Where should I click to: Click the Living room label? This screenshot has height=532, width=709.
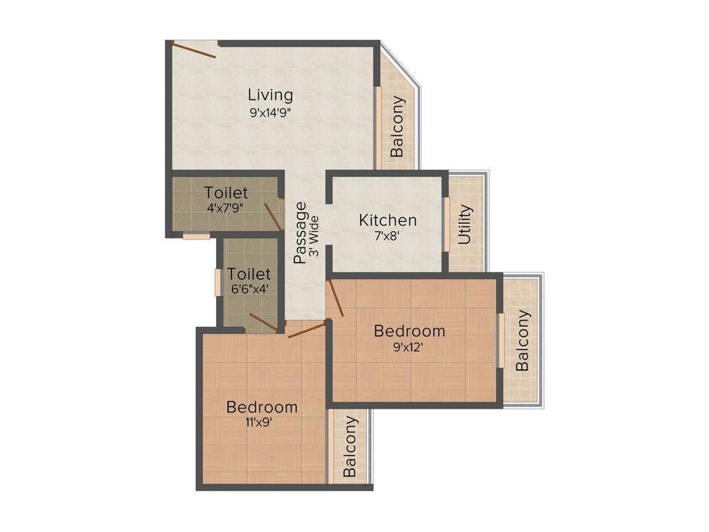[271, 95]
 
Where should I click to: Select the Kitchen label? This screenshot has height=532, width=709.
[388, 220]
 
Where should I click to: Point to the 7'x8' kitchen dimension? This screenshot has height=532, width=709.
[388, 236]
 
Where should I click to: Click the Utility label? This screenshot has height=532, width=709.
[465, 224]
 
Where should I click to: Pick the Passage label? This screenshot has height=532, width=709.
[300, 233]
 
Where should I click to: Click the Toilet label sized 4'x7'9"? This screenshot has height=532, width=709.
[226, 192]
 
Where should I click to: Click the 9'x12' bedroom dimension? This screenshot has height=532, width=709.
[409, 347]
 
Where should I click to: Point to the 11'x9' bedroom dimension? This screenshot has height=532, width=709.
[262, 423]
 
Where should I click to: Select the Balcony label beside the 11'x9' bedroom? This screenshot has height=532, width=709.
[350, 446]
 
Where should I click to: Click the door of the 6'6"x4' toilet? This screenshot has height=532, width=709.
[263, 321]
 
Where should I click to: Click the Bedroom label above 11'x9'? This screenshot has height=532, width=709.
[262, 407]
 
